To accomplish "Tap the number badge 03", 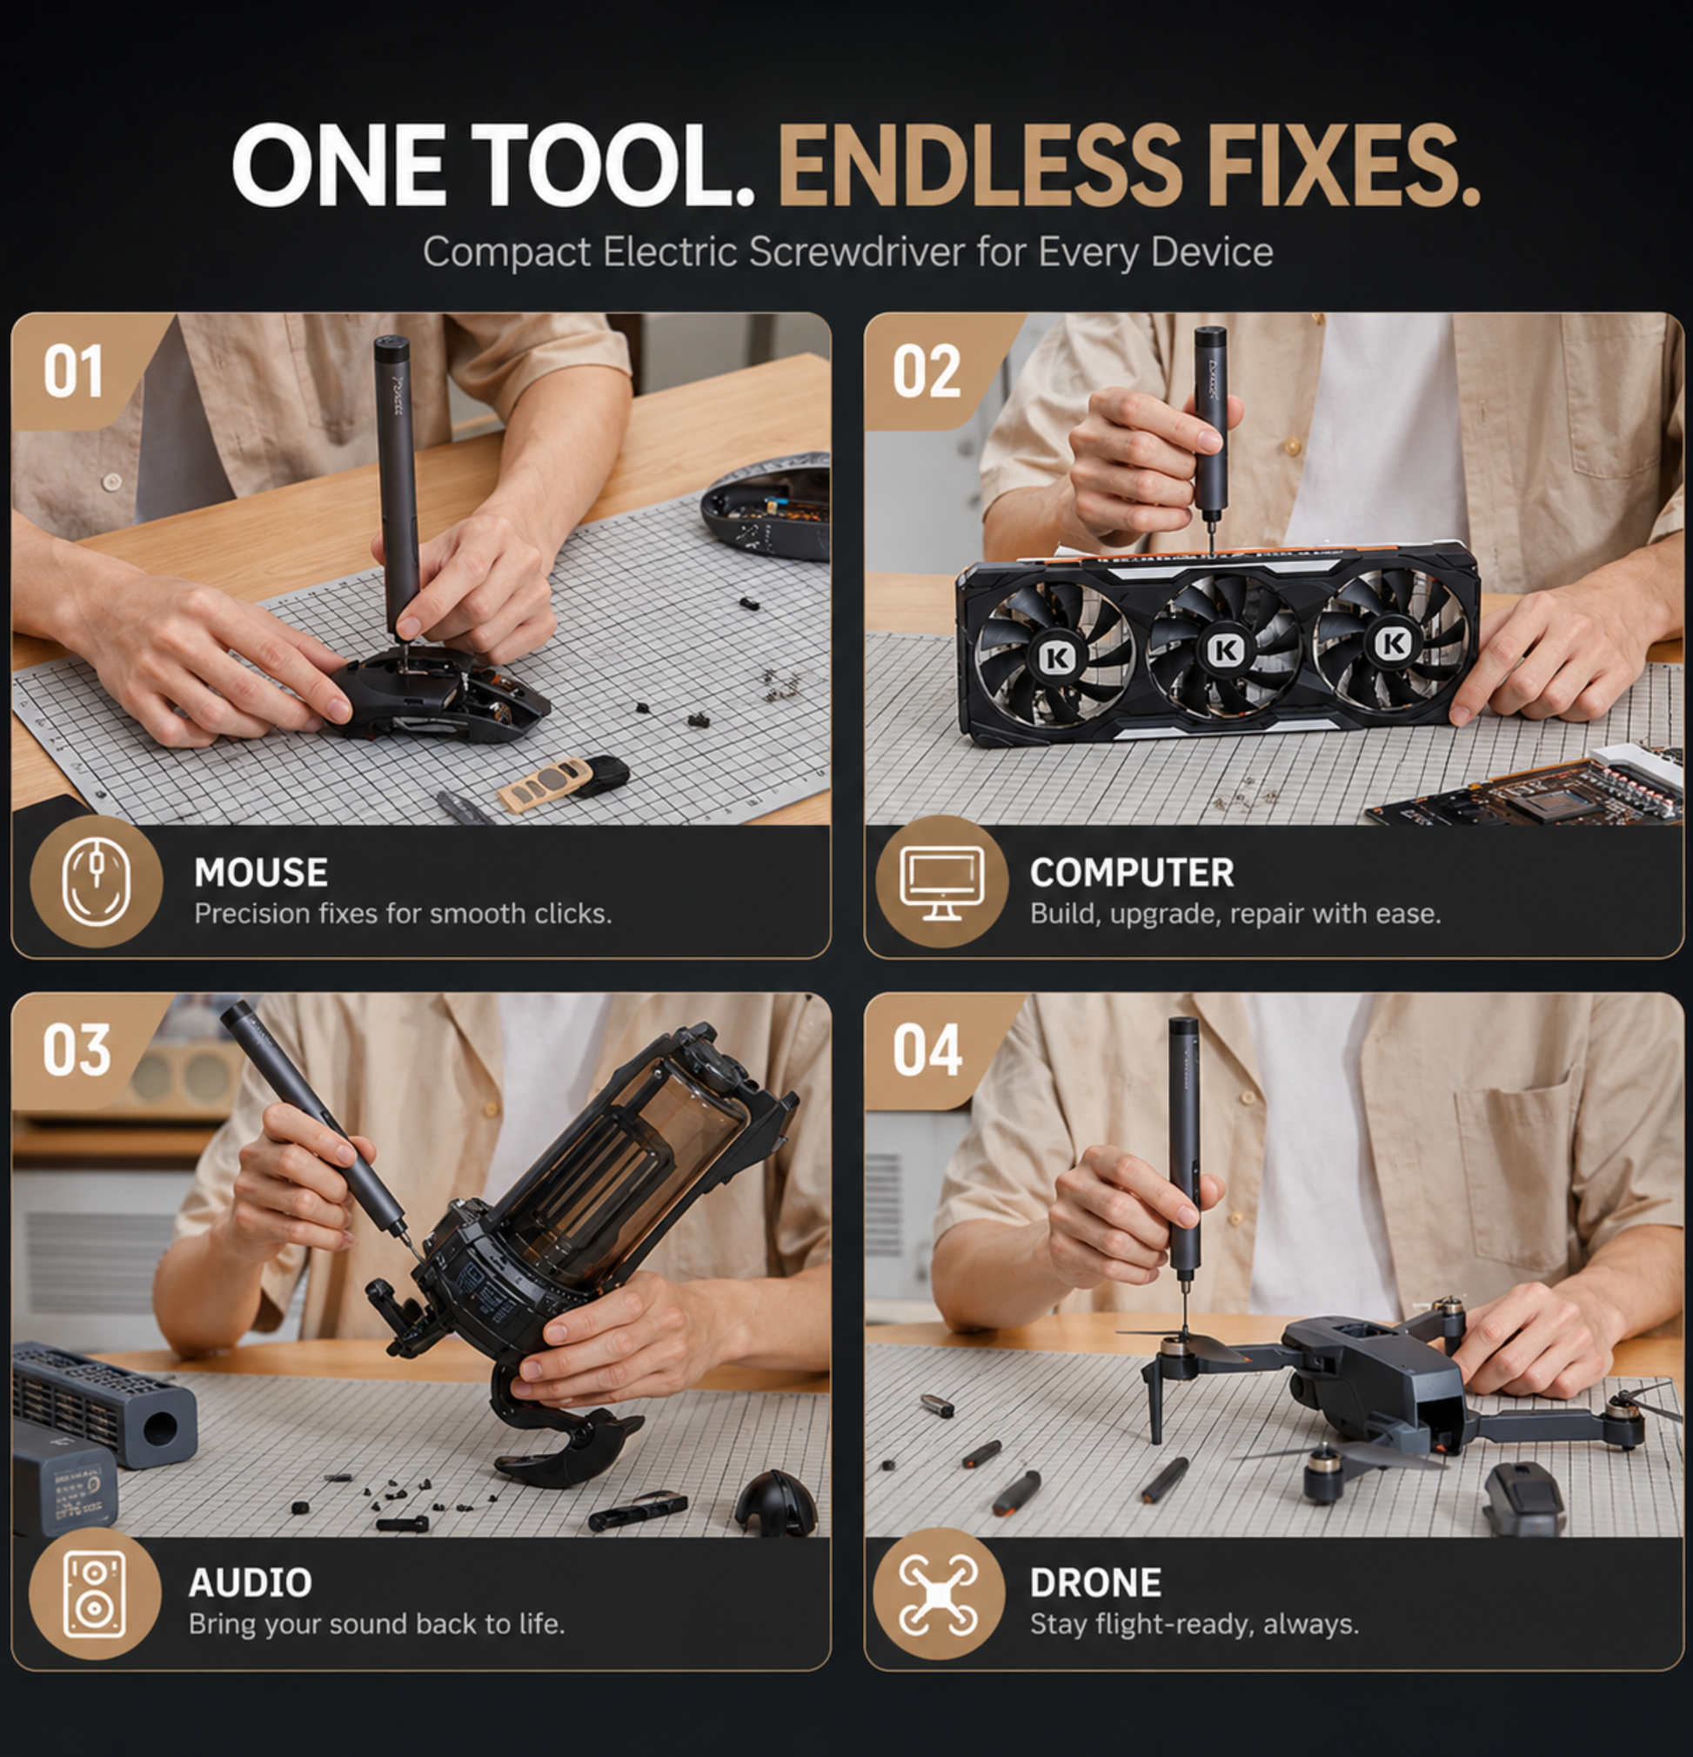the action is pyautogui.click(x=77, y=1050).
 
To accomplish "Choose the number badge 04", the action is pyautogui.click(x=927, y=1050).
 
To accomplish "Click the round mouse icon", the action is pyautogui.click(x=96, y=882).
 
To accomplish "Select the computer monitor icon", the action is pyautogui.click(x=942, y=882).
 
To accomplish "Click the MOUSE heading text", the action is pyautogui.click(x=261, y=872).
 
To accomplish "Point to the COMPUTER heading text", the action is pyautogui.click(x=1132, y=872).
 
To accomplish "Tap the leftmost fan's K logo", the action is pyautogui.click(x=1057, y=657).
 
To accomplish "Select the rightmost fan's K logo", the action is pyautogui.click(x=1393, y=642).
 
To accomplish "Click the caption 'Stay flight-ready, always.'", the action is pyautogui.click(x=1194, y=1625).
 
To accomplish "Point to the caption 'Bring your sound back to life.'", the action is pyautogui.click(x=377, y=1625).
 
